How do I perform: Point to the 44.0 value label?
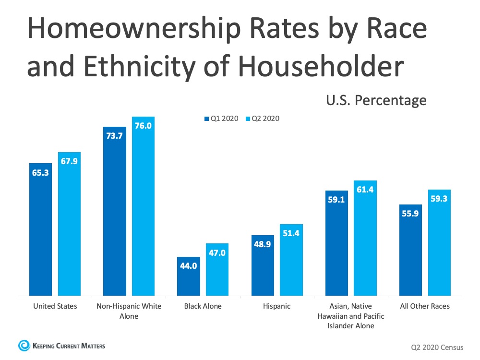188,266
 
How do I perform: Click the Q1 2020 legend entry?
221,119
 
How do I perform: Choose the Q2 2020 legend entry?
262,119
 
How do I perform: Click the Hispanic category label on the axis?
277,306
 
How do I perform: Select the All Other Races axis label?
425,306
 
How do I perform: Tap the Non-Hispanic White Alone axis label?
129,311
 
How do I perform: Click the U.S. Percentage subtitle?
376,100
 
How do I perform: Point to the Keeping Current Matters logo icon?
23,345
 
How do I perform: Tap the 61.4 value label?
365,190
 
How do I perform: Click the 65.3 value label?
40,172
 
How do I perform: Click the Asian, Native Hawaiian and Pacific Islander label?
350,315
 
